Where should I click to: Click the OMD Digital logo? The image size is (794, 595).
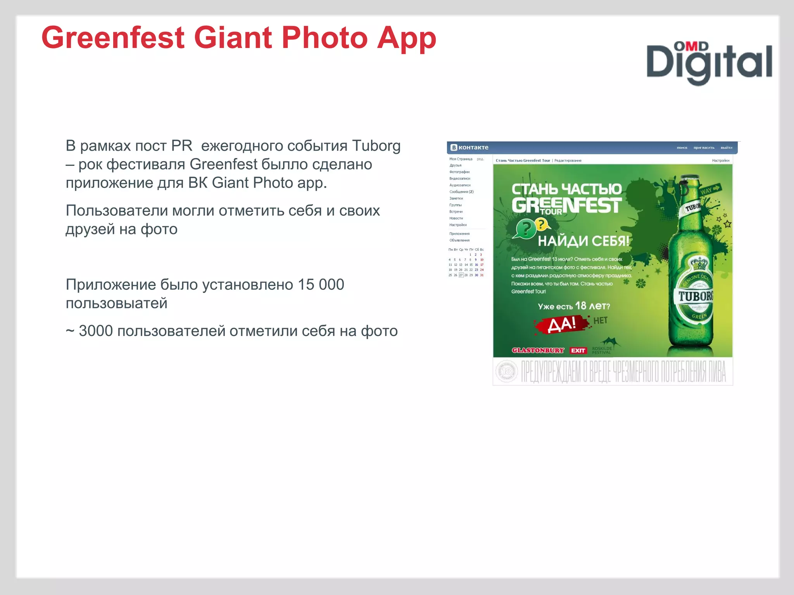709,63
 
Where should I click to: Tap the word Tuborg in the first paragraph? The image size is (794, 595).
376,146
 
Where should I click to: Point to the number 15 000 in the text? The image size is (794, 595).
321,285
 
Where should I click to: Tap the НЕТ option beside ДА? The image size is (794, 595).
600,321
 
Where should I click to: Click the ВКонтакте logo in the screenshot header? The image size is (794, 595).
469,148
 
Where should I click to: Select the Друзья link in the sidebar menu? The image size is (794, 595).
455,165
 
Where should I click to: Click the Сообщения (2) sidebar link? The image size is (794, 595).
461,192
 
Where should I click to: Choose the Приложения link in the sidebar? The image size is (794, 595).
459,234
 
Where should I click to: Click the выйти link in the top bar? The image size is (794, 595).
726,148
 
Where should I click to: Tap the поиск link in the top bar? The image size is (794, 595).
682,148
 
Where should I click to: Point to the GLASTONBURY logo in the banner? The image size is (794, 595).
538,350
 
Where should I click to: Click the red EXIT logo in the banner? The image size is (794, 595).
578,351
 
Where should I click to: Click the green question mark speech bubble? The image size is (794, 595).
525,229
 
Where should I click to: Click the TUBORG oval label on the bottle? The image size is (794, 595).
696,296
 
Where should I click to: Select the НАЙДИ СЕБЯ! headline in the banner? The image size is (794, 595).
583,241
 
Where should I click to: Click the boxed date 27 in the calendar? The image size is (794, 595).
461,275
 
